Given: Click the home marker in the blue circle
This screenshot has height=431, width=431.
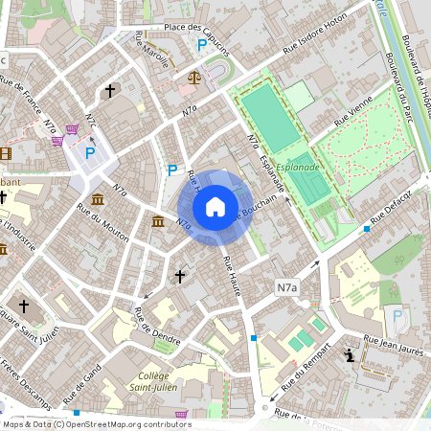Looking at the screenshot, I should pos(215,206).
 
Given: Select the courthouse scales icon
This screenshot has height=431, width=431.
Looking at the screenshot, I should pos(195,75).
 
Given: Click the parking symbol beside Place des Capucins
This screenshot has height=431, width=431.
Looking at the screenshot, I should pos(202,45).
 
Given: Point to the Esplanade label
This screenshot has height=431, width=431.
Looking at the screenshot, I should pos(298,166).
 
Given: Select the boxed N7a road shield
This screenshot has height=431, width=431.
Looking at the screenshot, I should pos(287,286).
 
